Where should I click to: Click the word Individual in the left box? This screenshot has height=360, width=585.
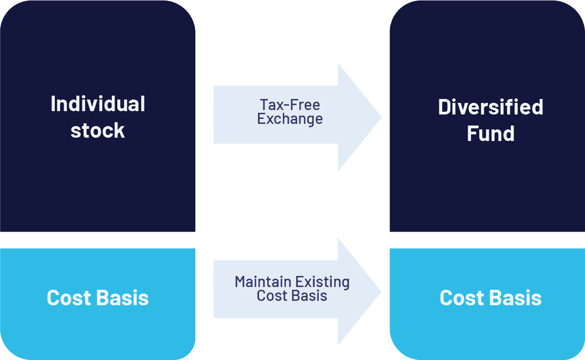click(98, 104)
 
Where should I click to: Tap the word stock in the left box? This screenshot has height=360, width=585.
click(98, 131)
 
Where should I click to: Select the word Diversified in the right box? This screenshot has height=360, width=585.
click(490, 107)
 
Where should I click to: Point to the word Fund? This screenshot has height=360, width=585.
click(490, 134)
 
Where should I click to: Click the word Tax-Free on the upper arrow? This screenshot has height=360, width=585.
click(290, 105)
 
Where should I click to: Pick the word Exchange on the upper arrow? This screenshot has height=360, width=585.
click(290, 118)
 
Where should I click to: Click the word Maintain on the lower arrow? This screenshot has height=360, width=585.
click(262, 282)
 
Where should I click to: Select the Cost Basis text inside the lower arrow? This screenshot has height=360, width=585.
click(292, 296)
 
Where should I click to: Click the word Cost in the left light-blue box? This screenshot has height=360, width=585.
click(69, 298)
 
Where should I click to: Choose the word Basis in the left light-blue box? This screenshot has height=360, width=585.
click(123, 298)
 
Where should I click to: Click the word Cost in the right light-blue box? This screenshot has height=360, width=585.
click(462, 298)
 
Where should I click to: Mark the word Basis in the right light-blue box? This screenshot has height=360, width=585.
click(516, 298)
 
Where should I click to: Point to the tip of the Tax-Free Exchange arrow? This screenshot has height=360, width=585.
click(380, 117)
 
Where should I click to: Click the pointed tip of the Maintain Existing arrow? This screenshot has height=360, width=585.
click(380, 291)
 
